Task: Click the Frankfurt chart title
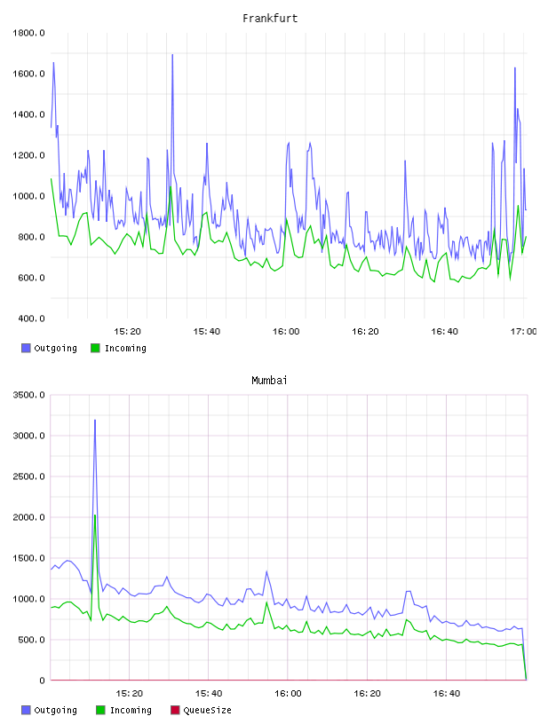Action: pos(270,19)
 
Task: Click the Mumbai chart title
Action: pos(269,381)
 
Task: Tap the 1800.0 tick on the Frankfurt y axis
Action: pos(28,33)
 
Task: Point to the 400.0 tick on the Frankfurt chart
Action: pos(28,319)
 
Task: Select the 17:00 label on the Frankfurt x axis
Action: pos(524,332)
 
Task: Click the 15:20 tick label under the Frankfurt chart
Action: pos(127,332)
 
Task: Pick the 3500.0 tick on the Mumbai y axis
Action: pos(28,395)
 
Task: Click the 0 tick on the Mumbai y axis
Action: pos(42,681)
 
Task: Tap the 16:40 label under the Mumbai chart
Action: pos(447,694)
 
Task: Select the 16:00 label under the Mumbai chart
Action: pos(288,694)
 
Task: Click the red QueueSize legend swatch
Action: pos(175,710)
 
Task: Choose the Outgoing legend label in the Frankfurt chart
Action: pos(55,348)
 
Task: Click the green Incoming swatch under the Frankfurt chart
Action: pos(95,348)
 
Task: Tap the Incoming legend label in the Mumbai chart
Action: pos(131,710)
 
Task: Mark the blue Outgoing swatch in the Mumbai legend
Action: pos(26,710)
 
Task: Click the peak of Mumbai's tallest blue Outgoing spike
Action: pos(95,421)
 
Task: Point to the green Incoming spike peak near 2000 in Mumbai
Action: pos(95,515)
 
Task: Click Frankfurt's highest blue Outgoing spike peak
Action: pos(172,54)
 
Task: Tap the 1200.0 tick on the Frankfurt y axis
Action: pos(28,155)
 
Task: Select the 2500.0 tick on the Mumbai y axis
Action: pos(28,476)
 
